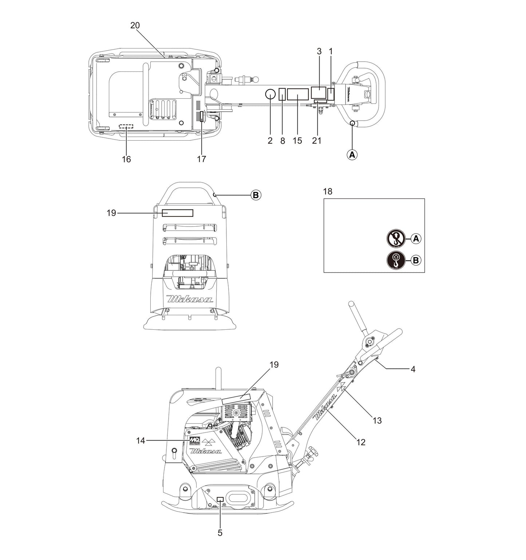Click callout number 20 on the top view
[135, 25]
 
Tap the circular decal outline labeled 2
[270, 94]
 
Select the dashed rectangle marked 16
[126, 126]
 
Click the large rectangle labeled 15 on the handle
[298, 94]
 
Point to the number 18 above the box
[328, 192]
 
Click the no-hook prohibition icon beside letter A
[395, 239]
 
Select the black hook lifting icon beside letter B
[395, 260]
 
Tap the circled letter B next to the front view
[256, 195]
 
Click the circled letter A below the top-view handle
[352, 154]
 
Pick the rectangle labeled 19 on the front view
[177, 213]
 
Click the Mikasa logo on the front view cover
[190, 299]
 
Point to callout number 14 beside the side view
[141, 441]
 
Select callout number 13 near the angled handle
[377, 420]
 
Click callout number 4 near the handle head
[413, 369]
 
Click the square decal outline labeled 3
[319, 92]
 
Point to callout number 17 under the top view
[201, 159]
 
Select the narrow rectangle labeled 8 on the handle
[282, 94]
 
